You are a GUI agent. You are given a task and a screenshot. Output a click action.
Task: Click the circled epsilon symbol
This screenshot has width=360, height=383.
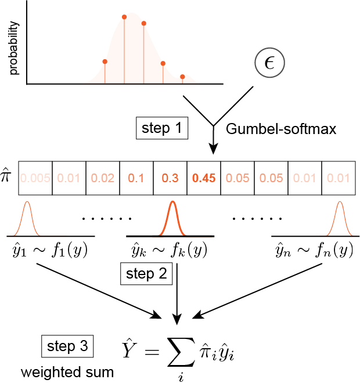[x=269, y=62]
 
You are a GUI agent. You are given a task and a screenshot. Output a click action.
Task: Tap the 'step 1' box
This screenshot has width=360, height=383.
[x=161, y=128]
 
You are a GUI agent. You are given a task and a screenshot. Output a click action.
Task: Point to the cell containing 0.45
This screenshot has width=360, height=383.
[x=204, y=178]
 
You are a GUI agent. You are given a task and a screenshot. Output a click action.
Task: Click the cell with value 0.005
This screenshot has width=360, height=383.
[x=35, y=178]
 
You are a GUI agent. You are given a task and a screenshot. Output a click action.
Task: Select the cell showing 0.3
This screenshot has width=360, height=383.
[x=170, y=178]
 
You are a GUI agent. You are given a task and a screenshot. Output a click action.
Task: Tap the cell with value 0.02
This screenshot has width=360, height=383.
[x=103, y=178]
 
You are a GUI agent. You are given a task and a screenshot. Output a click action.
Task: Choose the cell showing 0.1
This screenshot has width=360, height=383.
[x=136, y=178]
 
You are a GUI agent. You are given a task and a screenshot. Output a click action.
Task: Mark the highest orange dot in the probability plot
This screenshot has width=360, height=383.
[x=124, y=17]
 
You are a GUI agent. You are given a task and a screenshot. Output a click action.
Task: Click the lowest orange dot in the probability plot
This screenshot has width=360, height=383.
[x=182, y=76]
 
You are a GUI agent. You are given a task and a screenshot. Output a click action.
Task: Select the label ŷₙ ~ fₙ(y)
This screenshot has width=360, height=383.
[x=312, y=250]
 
